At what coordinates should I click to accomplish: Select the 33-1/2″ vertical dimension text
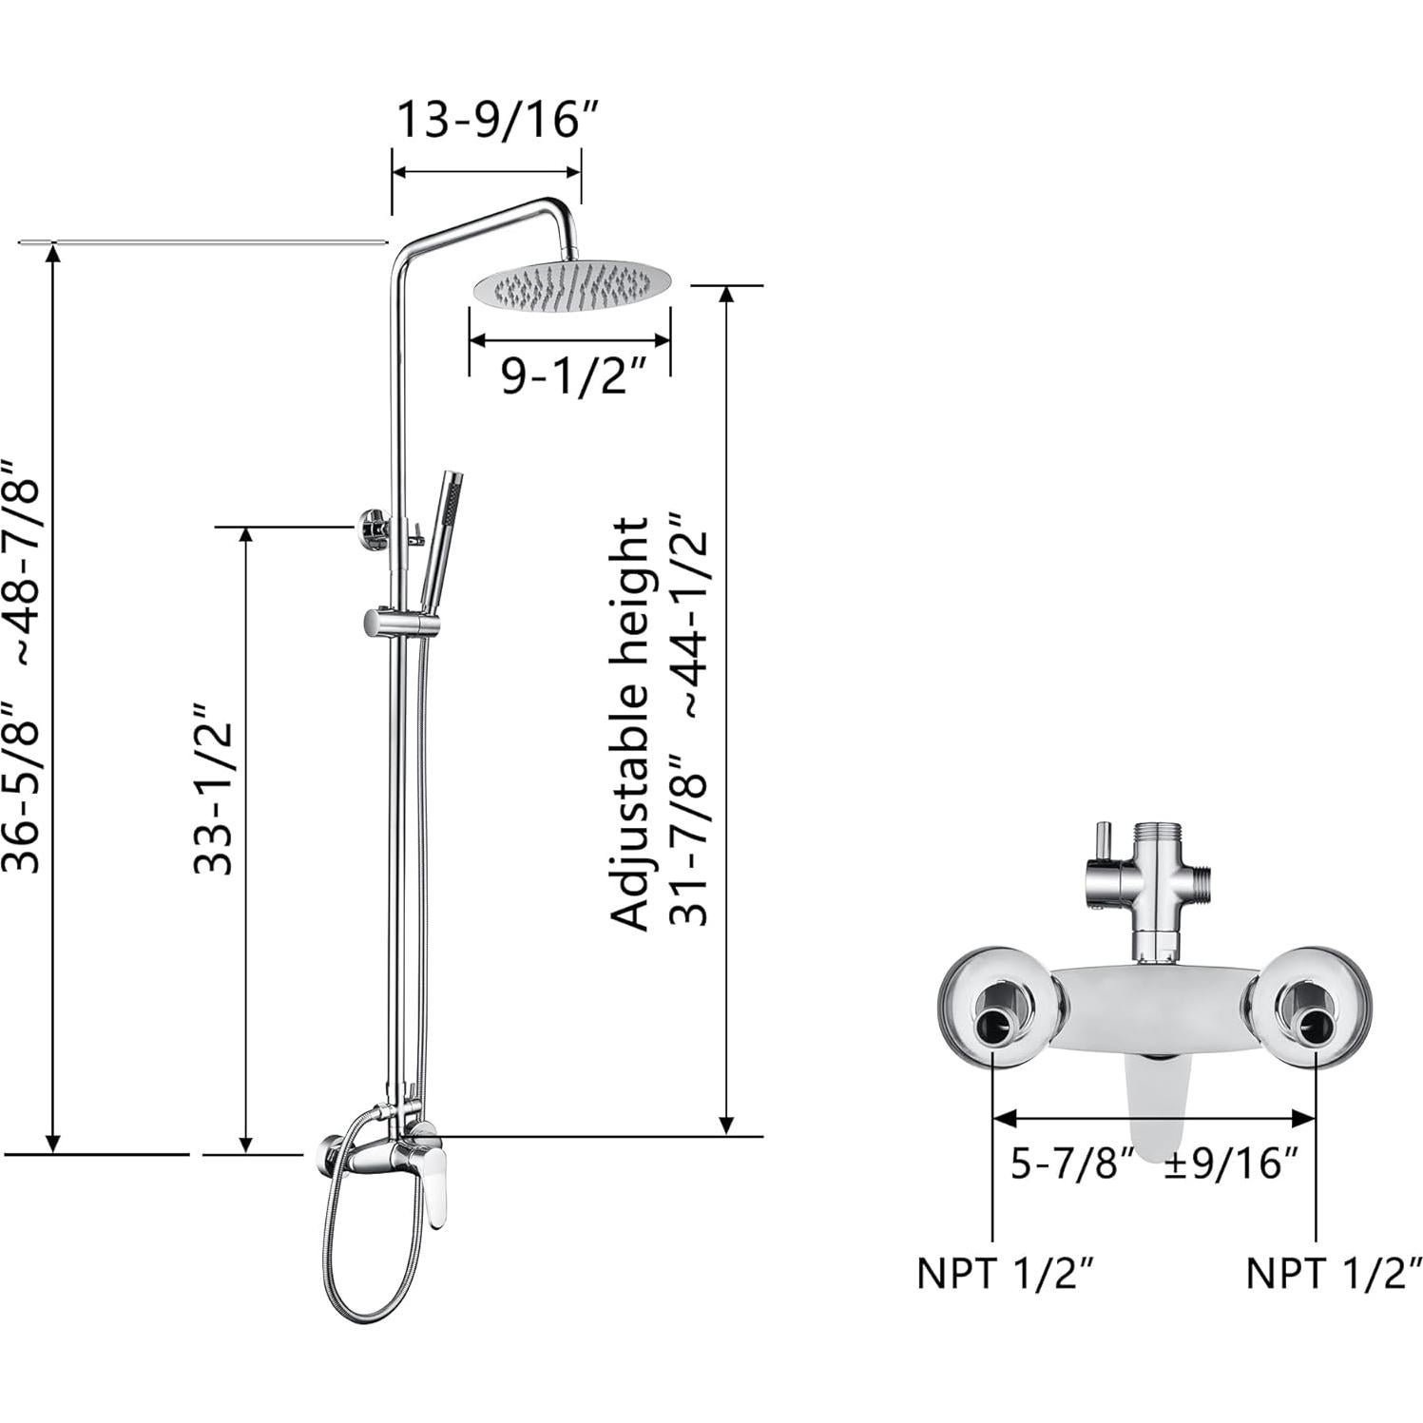tap(213, 789)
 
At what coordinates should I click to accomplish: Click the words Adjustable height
tap(630, 723)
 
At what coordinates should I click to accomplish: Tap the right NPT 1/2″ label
tap(1334, 1273)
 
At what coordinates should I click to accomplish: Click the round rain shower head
tap(570, 284)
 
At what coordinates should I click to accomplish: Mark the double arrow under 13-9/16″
tap(486, 172)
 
